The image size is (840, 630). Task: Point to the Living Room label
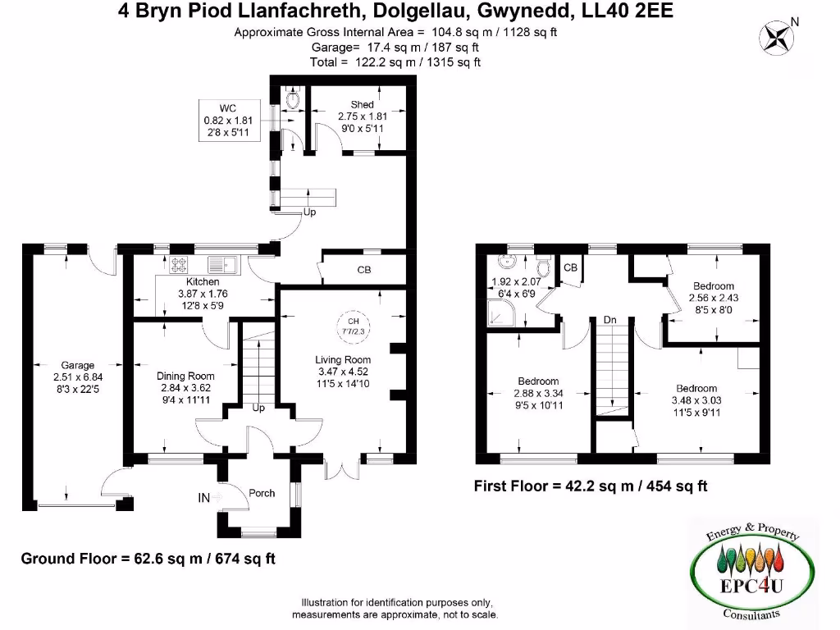(343, 359)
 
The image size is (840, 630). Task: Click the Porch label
(262, 493)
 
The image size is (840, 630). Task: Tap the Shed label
(362, 105)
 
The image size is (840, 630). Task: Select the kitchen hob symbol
(179, 264)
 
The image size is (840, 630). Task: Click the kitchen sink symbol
(222, 264)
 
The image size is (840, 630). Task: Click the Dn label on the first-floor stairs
(609, 319)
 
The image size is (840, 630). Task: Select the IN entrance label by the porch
(203, 498)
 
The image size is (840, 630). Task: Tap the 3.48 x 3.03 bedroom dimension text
(696, 400)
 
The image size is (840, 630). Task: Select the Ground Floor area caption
(148, 559)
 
